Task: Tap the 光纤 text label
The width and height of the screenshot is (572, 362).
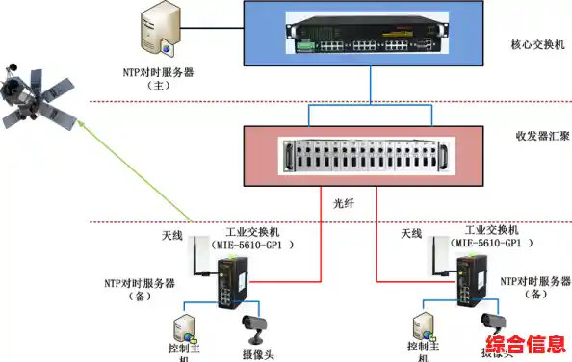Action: click(x=333, y=204)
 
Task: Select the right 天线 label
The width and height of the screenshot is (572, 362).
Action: click(x=411, y=234)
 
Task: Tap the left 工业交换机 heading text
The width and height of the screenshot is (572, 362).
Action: click(x=253, y=232)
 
